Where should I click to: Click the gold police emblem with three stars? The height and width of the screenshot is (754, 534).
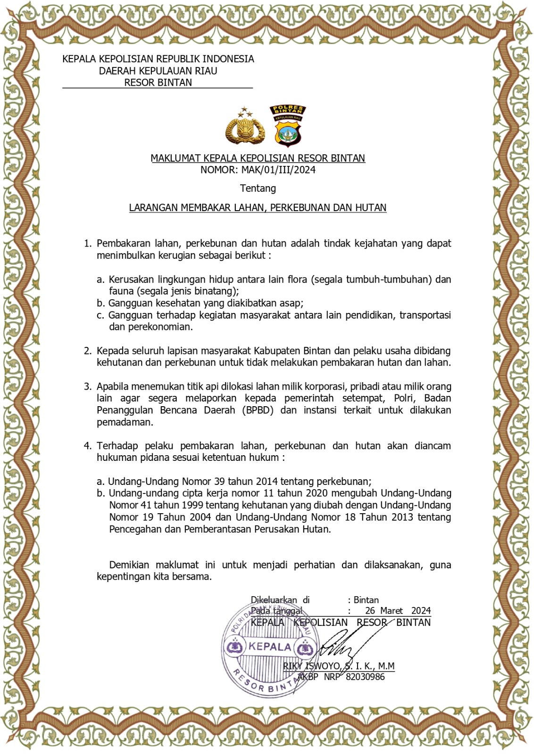click(x=245, y=127)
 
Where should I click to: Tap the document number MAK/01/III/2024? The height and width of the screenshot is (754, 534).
click(x=278, y=170)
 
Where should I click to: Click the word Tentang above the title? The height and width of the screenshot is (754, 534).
click(x=258, y=188)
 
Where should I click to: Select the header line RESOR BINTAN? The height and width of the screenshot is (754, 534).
click(x=158, y=83)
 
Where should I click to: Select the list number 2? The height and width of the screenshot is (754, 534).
click(x=87, y=351)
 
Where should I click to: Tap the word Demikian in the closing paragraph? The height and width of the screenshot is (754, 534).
click(x=129, y=565)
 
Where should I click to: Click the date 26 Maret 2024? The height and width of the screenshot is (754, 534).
click(x=398, y=611)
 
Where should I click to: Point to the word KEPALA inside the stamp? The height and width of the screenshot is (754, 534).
click(x=270, y=647)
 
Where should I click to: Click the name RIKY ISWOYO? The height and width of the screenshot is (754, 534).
click(x=311, y=666)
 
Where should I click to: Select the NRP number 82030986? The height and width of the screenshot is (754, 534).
click(x=365, y=677)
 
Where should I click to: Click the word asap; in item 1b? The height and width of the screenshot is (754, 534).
click(x=291, y=303)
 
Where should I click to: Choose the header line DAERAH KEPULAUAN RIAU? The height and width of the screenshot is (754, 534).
click(x=158, y=71)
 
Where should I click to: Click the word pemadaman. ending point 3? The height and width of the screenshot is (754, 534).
click(x=125, y=422)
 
